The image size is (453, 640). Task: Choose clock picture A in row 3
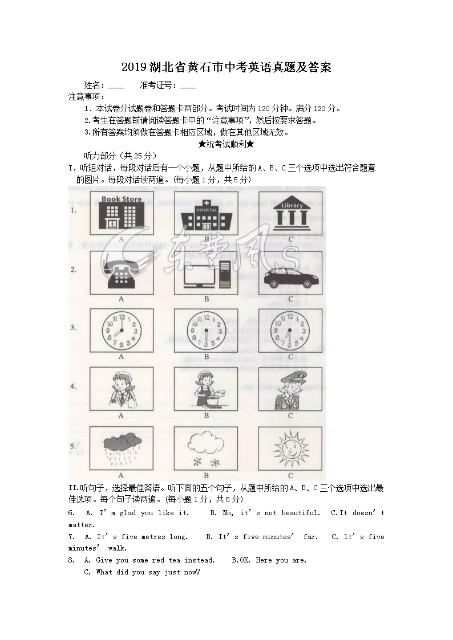[121, 331]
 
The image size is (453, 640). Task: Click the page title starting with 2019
[226, 67]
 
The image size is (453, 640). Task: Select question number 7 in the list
[70, 537]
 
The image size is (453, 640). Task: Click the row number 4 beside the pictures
[74, 386]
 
